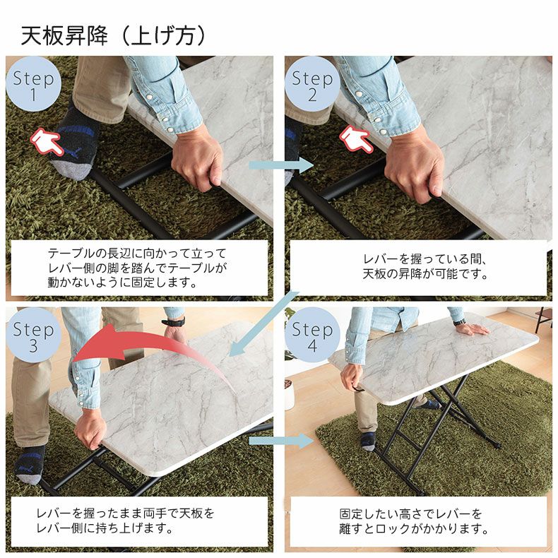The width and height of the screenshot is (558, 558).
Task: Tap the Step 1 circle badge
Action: pos(33,85)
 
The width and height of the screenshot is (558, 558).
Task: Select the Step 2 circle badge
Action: pos(312,85)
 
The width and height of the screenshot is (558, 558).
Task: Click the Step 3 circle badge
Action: pos(33,336)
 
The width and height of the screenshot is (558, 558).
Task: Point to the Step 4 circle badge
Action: pos(312,336)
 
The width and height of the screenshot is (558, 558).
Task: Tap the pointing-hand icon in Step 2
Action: pos(357,138)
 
